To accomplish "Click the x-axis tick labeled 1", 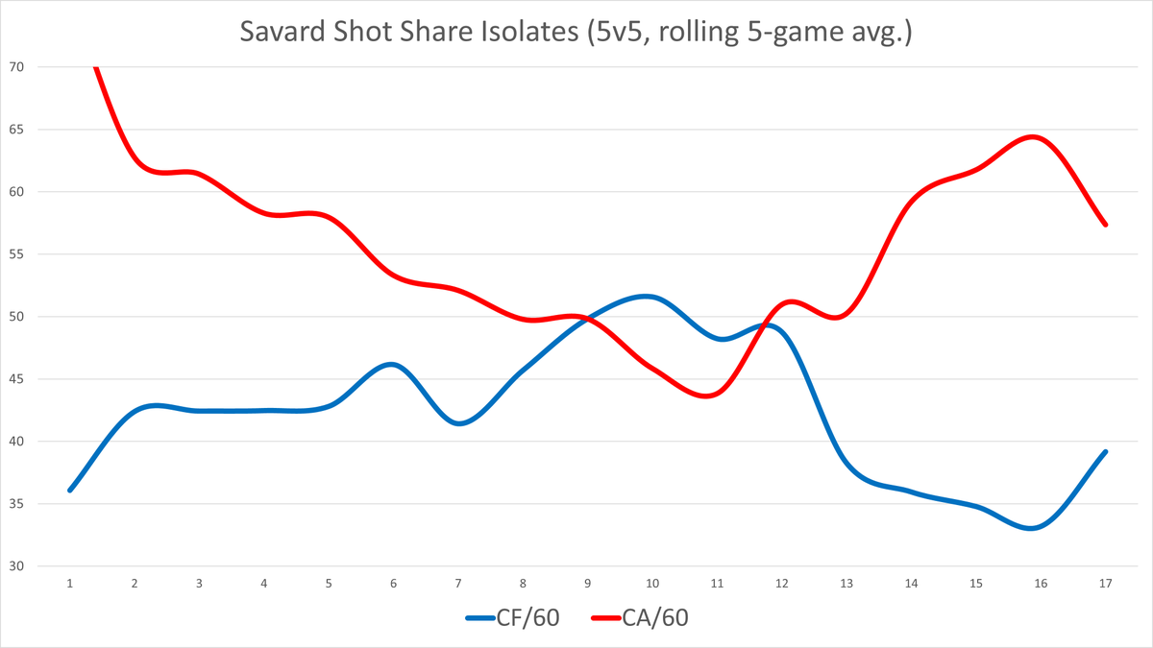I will (x=70, y=583).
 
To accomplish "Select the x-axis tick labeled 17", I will (x=1106, y=583).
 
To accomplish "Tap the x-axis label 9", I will (x=588, y=583).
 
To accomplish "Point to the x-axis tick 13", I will (x=846, y=583).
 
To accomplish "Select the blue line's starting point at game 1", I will (x=70, y=491).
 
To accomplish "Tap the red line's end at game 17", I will (x=1106, y=225).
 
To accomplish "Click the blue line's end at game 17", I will (x=1106, y=451).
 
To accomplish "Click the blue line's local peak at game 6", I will (x=393, y=365).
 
